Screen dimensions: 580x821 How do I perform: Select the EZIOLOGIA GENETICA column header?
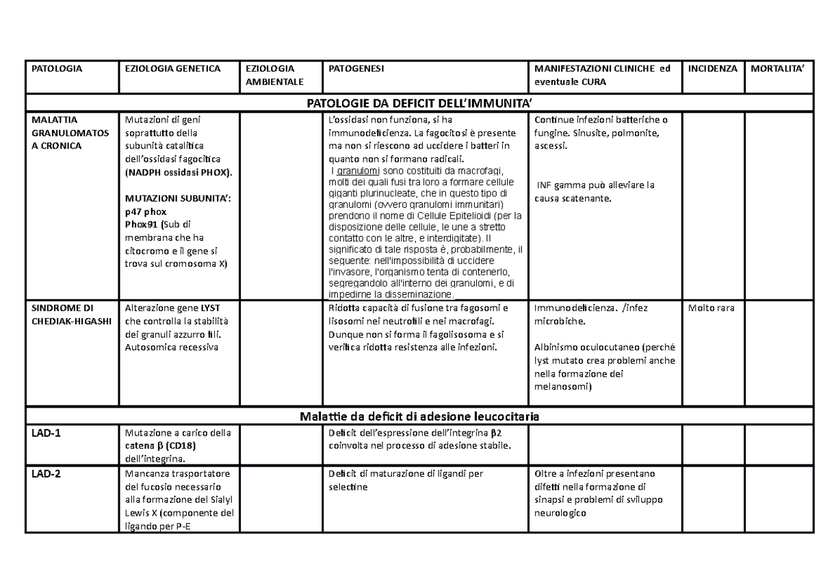pos(162,69)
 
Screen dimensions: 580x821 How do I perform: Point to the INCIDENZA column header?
pos(713,69)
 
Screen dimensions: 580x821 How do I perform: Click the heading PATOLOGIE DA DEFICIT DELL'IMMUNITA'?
pos(419,103)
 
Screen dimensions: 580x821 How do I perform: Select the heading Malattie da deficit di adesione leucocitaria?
pos(420,416)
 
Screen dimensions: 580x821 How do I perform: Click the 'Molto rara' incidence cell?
pos(712,308)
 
